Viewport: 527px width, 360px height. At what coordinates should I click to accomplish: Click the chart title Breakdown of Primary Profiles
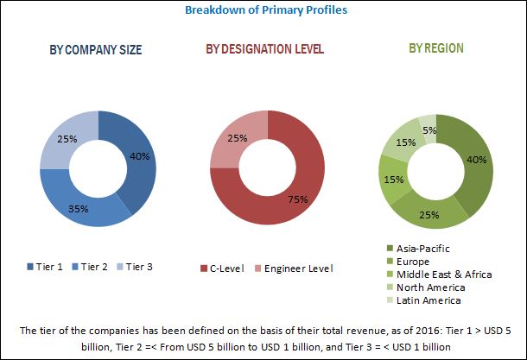[x=263, y=11]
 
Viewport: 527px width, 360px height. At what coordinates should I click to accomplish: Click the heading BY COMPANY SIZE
[x=96, y=49]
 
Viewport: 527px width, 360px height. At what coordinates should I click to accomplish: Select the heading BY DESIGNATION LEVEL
[x=264, y=49]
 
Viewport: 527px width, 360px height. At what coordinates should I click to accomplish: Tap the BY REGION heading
[x=436, y=49]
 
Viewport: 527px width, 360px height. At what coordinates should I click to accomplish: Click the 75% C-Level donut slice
[x=285, y=203]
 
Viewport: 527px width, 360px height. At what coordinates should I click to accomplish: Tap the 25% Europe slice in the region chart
[x=425, y=212]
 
